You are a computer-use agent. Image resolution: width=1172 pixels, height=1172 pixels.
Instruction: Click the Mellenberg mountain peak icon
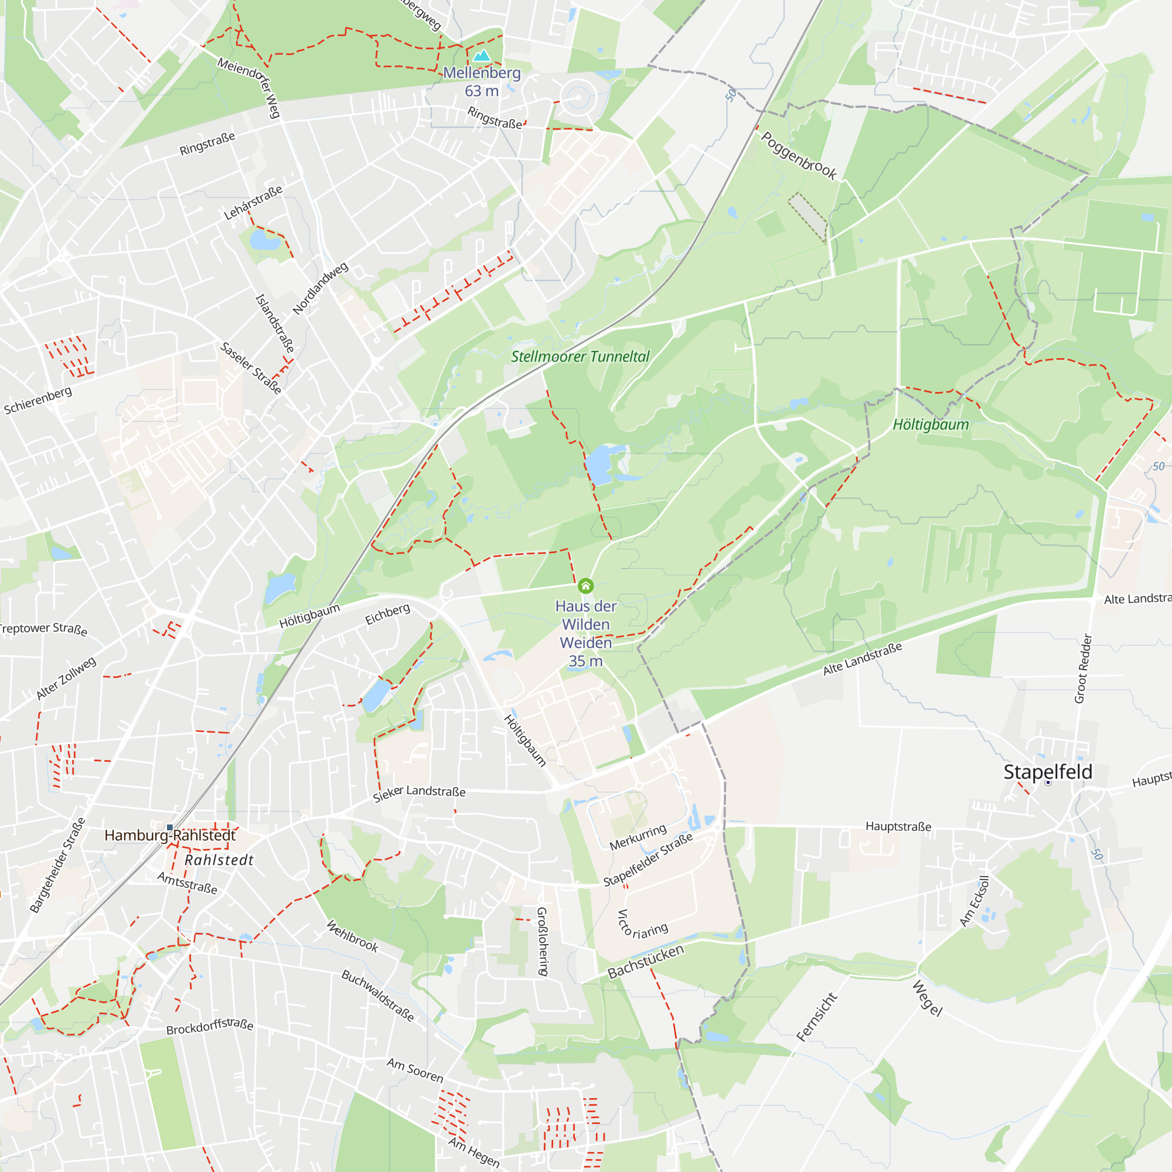482,56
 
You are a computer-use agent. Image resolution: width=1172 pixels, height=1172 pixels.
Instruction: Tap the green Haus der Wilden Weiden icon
585,585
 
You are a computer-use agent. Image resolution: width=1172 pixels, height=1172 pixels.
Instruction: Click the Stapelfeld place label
1048,772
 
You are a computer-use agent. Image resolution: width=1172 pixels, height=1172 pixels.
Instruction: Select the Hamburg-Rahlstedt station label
170,835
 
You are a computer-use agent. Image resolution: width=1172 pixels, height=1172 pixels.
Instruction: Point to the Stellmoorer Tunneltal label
580,357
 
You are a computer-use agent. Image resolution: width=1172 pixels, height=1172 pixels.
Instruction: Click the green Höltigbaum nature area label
931,425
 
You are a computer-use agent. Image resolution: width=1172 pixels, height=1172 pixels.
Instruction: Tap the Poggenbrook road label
799,156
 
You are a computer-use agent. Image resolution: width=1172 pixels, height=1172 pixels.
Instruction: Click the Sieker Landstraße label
419,792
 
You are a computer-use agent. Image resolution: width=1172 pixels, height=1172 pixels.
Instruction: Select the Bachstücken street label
645,961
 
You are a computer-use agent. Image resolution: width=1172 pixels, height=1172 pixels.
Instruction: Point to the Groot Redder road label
1083,669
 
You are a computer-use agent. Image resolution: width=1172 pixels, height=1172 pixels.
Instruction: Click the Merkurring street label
638,837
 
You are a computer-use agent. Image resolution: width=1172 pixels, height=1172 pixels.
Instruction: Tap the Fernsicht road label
816,1017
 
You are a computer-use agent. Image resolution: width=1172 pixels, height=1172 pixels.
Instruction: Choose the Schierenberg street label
38,400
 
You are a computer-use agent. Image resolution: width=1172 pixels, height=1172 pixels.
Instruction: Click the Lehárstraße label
253,203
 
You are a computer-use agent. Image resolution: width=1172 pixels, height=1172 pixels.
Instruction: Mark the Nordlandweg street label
321,288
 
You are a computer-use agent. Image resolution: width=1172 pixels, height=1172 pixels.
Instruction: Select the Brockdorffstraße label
210,1027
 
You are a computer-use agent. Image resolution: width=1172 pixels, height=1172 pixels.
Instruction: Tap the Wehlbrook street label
352,936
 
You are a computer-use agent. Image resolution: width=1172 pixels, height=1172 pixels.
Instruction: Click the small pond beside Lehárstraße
264,241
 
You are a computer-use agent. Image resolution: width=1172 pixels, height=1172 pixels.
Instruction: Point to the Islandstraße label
275,323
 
